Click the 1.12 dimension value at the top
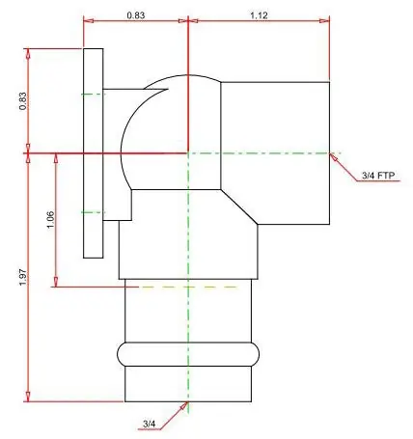(259, 15)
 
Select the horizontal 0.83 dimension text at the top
(136, 15)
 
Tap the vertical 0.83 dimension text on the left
(23, 101)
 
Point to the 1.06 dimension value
(50, 220)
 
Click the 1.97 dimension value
(23, 277)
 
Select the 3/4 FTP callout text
(378, 176)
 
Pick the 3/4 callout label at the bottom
(149, 425)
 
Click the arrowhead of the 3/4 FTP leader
(334, 157)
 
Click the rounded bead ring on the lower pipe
(188, 354)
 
